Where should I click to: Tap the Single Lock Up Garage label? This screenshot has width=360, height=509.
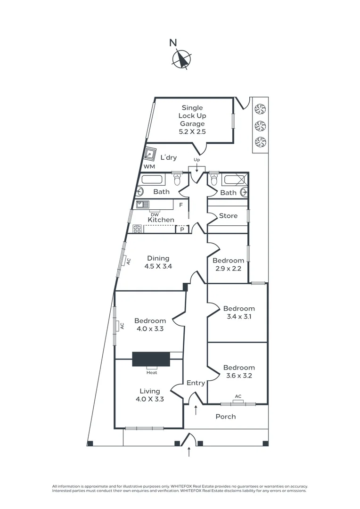click(192, 119)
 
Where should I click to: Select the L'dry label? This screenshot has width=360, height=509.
click(169, 157)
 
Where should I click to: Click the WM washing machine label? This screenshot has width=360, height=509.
click(149, 166)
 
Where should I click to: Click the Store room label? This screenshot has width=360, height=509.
click(228, 215)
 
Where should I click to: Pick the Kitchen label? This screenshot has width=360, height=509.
click(161, 220)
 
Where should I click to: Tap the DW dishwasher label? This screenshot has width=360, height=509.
click(155, 214)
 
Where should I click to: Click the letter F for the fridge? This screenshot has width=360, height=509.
click(181, 205)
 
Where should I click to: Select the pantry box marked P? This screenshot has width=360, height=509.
click(182, 229)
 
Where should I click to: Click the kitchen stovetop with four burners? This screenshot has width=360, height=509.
click(137, 229)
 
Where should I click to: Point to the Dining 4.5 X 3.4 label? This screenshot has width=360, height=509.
click(158, 263)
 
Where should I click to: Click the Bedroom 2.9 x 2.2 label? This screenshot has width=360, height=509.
click(228, 264)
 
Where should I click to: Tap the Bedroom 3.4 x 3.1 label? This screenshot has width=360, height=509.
click(239, 312)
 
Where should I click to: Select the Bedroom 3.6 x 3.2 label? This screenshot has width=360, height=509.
click(239, 371)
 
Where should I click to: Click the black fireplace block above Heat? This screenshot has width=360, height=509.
click(151, 359)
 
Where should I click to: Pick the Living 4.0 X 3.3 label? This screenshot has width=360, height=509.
click(150, 395)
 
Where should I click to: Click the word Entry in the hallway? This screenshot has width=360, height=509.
click(196, 383)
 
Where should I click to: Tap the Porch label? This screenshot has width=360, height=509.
click(226, 417)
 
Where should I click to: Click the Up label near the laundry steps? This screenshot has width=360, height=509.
click(196, 160)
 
